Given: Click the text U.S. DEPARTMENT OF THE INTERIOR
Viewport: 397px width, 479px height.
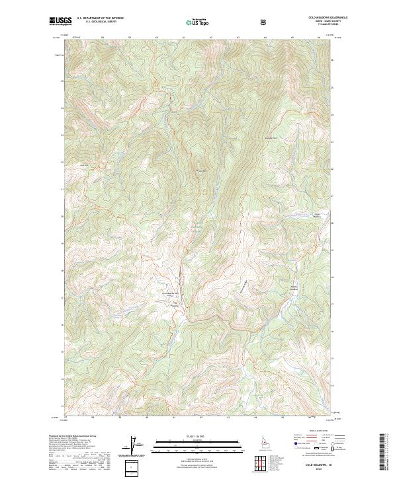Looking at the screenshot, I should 100,19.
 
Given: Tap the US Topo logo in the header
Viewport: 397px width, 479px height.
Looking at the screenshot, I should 198,23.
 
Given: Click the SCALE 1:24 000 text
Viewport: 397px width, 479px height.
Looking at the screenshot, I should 198,436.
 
